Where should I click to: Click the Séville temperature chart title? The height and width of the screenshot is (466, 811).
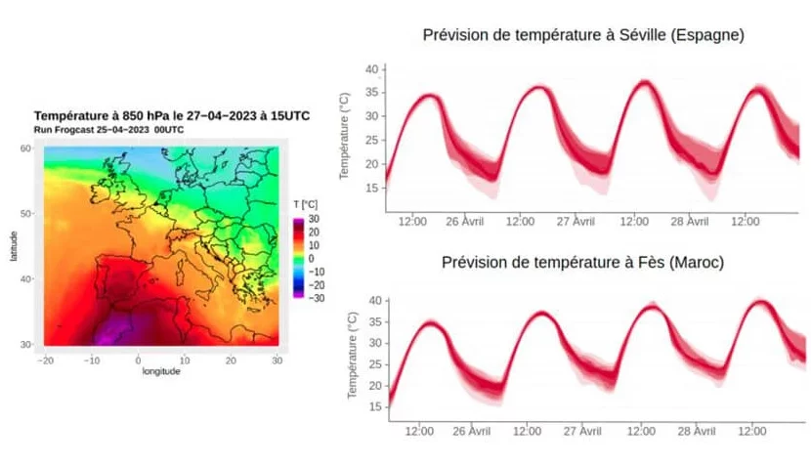[583, 35]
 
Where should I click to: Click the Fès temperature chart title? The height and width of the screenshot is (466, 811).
[583, 264]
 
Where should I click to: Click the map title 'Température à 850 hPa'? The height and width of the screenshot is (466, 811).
[172, 115]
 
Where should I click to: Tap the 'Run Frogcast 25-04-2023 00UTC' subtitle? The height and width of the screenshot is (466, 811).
[108, 129]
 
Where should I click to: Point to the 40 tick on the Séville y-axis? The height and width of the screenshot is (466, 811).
[370, 69]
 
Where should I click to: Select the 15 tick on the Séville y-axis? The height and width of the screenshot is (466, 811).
[370, 188]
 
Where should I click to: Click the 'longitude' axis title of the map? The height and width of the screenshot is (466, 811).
[161, 372]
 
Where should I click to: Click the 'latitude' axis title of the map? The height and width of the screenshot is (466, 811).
[14, 245]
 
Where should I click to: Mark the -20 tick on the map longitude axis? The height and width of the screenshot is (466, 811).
[46, 360]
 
